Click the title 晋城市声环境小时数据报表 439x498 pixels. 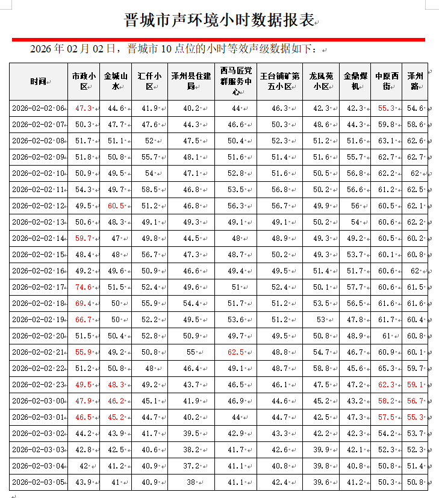220,20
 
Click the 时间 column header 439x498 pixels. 38,81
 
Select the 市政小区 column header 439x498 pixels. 84,81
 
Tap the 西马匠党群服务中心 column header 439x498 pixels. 235,81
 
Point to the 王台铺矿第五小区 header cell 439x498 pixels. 279,81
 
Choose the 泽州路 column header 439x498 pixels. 415,81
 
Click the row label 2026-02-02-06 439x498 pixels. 38,108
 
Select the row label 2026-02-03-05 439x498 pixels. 38,482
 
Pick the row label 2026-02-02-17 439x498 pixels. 38,287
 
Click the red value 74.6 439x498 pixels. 83,287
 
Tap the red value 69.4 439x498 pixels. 83,303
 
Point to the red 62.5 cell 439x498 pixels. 235,352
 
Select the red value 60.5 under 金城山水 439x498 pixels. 116,206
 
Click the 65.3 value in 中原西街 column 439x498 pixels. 385,369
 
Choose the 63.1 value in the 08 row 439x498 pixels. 385,141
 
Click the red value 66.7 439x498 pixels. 83,320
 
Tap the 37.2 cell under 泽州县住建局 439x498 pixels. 191,465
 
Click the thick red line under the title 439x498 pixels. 219,40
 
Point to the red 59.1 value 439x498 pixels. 415,385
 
